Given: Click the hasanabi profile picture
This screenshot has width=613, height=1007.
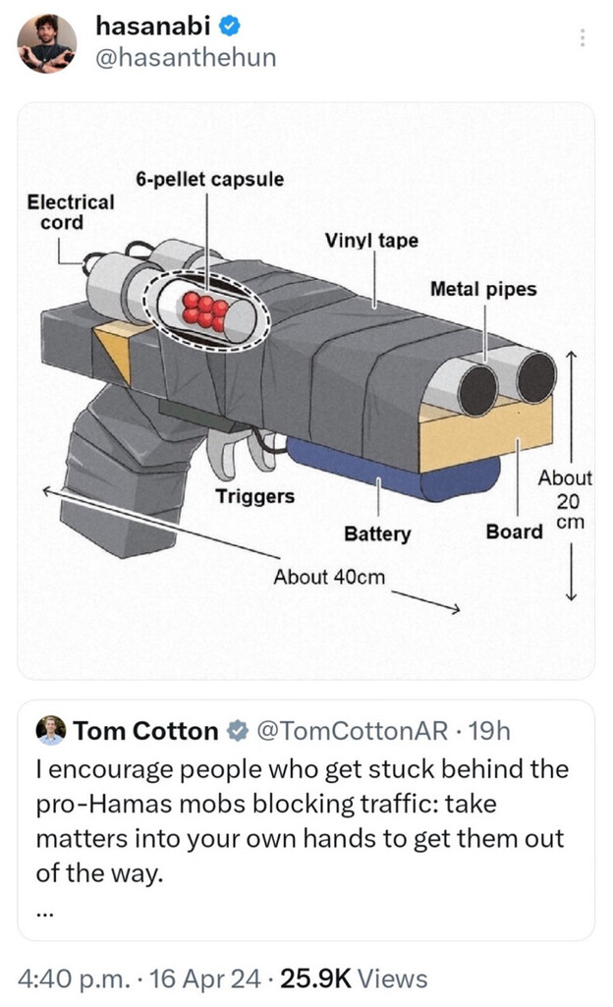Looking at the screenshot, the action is click(47, 43).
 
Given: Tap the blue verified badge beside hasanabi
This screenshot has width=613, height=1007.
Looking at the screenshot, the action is click(231, 26).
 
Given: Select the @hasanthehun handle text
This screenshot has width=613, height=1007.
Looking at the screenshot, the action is click(186, 58).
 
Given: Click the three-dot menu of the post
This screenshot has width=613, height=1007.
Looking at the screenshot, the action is click(583, 37).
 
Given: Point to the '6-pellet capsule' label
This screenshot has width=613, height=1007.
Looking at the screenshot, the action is click(209, 179).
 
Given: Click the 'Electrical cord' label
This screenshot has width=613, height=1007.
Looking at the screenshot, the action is click(70, 212).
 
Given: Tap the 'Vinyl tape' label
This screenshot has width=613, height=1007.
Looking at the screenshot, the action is click(371, 240).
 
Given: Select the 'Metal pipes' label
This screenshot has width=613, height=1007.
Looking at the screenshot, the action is click(483, 289).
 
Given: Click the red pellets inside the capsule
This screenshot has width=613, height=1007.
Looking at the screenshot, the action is click(204, 310).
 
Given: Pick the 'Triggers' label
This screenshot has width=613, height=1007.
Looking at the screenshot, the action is click(254, 496).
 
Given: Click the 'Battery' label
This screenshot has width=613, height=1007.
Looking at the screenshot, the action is click(377, 533).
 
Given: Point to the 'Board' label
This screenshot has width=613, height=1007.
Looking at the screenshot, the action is click(514, 531).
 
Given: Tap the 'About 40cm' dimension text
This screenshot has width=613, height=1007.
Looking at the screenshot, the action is click(329, 577).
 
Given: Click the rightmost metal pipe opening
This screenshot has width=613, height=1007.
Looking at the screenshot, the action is click(536, 377).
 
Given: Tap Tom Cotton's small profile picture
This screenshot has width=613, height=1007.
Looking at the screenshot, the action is click(51, 730).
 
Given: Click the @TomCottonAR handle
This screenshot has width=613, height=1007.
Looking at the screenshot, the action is click(353, 731).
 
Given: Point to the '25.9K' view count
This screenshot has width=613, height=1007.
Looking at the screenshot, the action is click(315, 979).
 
